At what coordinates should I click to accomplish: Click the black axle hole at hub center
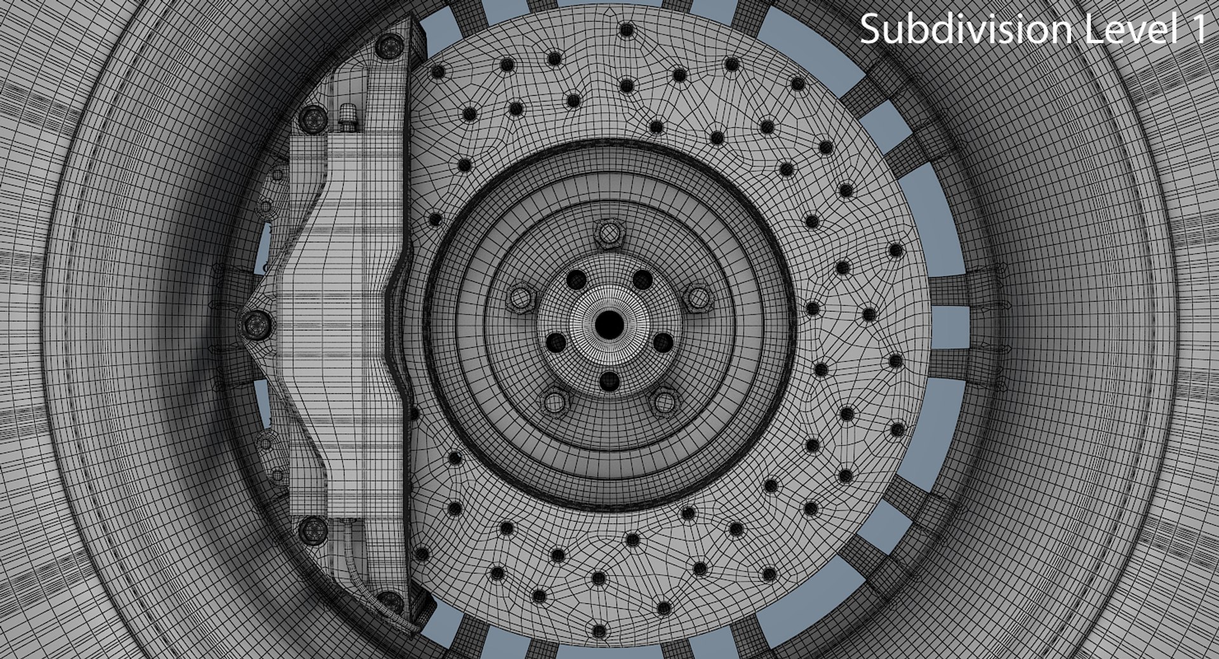[x=609, y=324]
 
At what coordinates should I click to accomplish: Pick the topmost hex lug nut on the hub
[x=609, y=233]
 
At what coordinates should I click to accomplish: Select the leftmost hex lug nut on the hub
[x=521, y=298]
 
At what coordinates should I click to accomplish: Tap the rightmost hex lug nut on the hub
[x=699, y=298]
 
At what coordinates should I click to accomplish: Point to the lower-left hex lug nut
[x=555, y=401]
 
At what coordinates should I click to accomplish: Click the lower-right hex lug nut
[x=664, y=401]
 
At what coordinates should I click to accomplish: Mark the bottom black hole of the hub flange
[x=609, y=381]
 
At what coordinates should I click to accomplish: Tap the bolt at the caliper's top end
[x=389, y=44]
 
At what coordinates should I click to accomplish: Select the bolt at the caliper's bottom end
[x=389, y=600]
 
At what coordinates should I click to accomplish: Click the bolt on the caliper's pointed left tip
[x=256, y=324]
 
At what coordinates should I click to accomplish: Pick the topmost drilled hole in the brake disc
[x=627, y=30]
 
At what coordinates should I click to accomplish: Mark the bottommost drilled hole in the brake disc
[x=599, y=632]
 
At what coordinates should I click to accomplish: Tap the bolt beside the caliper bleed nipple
[x=312, y=117]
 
